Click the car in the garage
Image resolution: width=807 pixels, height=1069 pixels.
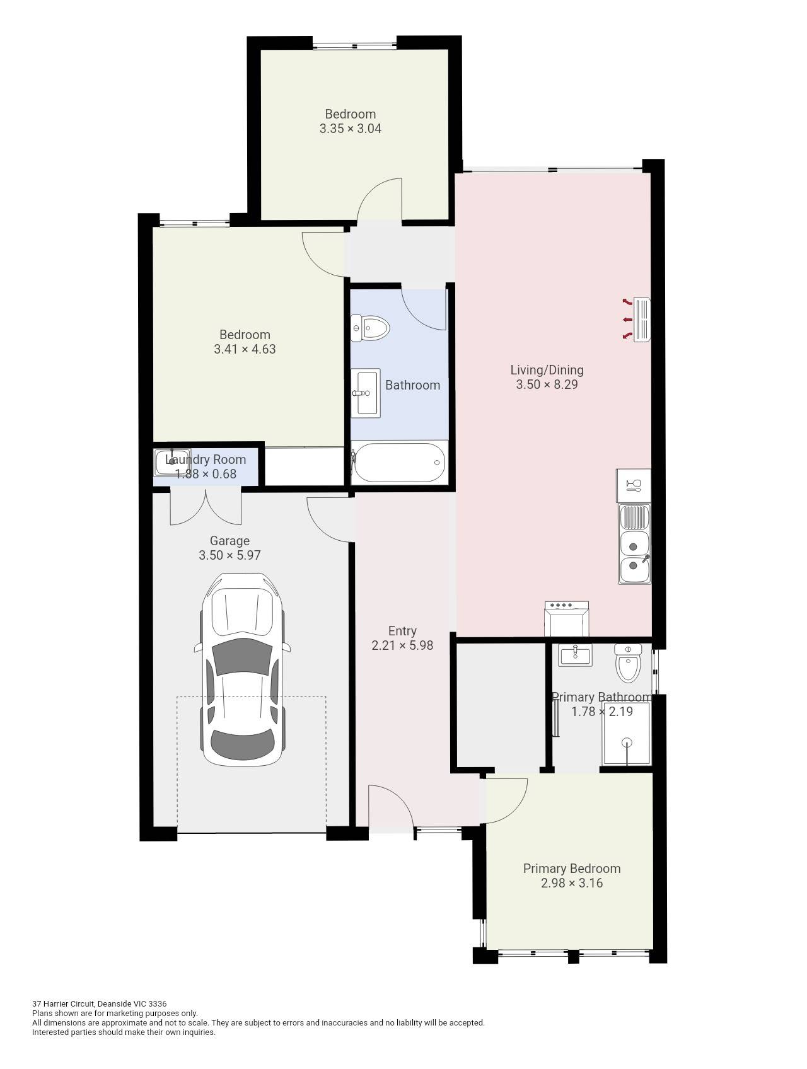(243, 669)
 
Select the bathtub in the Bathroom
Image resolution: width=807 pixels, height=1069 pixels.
(399, 463)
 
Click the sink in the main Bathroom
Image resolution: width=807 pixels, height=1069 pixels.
(366, 393)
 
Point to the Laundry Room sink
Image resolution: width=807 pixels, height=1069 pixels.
(170, 462)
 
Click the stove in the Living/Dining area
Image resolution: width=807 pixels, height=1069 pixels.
(566, 618)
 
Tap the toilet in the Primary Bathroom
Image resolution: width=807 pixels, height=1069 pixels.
(628, 664)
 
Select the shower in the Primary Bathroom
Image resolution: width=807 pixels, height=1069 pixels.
(626, 733)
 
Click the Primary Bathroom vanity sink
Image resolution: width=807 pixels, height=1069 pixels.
(575, 655)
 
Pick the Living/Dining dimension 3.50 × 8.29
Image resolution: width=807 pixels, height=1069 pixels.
(547, 384)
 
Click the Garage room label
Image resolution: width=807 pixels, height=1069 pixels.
(229, 541)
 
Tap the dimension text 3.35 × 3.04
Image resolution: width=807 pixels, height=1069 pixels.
(350, 129)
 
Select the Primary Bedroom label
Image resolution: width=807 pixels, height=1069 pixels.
(572, 869)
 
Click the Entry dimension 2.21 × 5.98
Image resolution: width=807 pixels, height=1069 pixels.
(402, 645)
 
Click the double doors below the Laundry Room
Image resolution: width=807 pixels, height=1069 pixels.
(206, 507)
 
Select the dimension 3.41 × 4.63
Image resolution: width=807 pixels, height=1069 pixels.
(245, 349)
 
